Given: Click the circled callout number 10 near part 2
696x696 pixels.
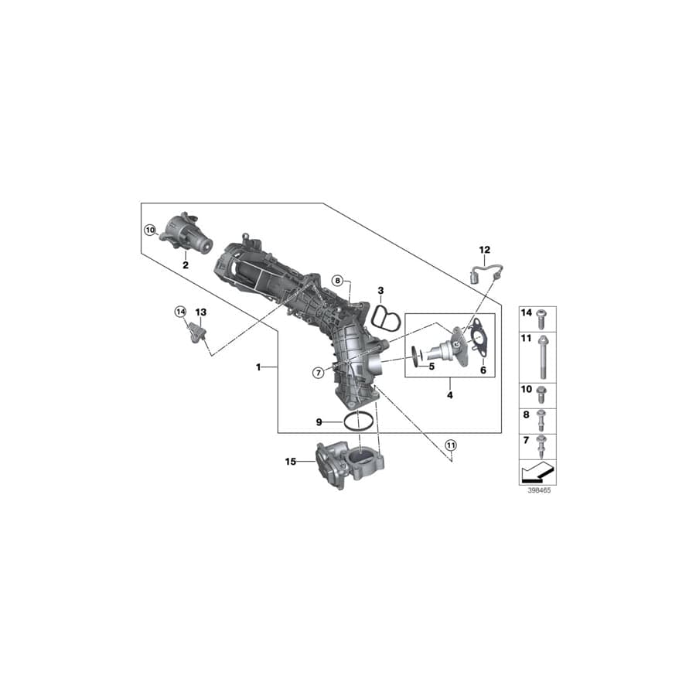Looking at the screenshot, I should click(x=150, y=230).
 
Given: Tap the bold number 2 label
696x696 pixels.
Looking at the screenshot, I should click(x=186, y=264).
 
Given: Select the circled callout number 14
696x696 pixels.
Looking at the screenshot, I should click(x=180, y=312).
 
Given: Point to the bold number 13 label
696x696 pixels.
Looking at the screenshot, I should click(x=200, y=312).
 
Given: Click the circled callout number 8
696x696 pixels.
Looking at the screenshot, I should click(x=337, y=280).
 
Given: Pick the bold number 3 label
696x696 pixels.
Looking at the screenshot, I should click(x=380, y=290).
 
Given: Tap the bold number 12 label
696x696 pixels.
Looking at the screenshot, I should click(x=485, y=250).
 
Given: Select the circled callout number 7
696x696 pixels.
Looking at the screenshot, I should click(x=318, y=373).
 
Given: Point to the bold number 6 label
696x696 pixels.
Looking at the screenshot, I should click(x=483, y=370).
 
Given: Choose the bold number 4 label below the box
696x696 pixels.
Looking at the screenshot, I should click(x=450, y=395).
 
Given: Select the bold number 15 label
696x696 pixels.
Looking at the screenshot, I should click(x=291, y=462).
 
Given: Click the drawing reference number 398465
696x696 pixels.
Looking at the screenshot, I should click(x=537, y=490).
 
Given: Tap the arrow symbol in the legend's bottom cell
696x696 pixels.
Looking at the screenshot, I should click(x=537, y=470).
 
